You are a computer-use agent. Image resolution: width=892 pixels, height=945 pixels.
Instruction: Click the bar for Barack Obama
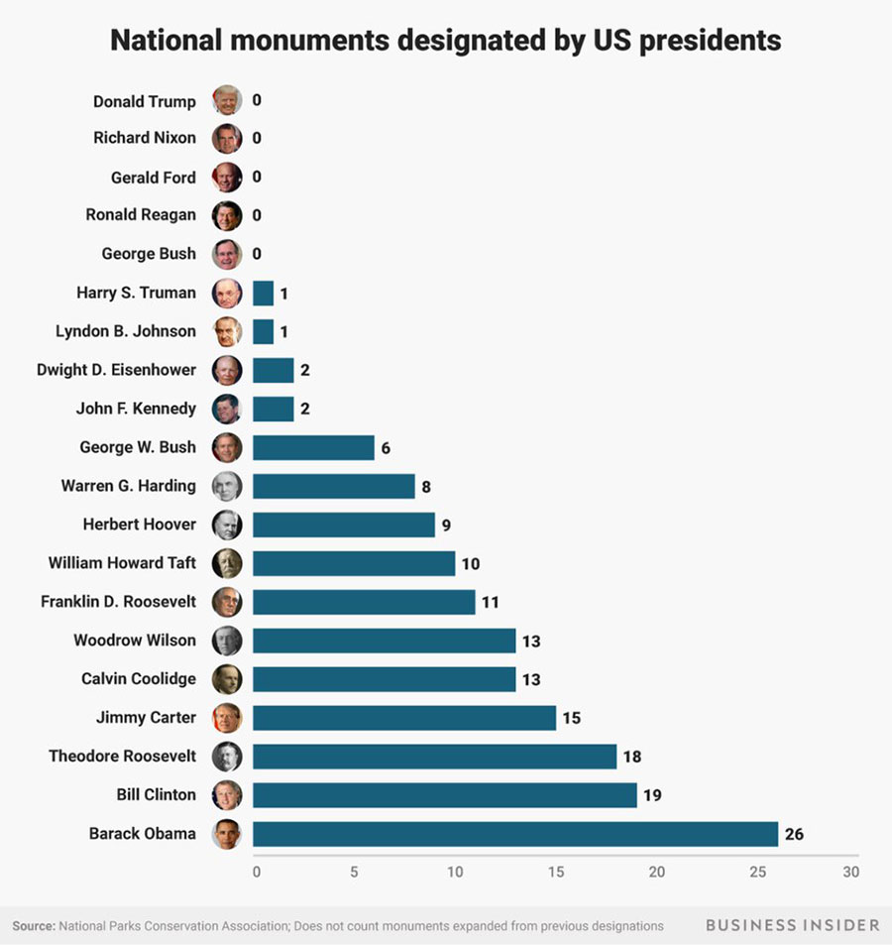(x=515, y=833)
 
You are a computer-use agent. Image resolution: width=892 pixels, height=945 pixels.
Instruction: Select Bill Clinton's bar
(x=444, y=794)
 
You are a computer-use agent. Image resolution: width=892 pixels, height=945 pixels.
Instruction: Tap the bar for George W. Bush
(x=313, y=447)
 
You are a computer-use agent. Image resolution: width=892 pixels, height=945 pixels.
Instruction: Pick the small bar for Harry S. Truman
(x=263, y=294)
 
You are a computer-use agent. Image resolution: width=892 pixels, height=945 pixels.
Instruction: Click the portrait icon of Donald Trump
(x=227, y=100)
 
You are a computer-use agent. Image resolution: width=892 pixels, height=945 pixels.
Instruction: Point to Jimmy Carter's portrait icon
(x=227, y=717)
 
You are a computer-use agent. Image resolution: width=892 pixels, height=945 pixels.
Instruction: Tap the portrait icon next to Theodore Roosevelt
(x=227, y=756)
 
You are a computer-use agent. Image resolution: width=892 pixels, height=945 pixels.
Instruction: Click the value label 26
(x=793, y=834)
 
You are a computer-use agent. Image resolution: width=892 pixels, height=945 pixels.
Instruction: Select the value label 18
(x=631, y=757)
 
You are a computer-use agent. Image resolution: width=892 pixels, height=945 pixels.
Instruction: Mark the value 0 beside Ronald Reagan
(x=257, y=215)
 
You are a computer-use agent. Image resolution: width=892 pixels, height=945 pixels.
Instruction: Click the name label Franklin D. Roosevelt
(x=118, y=601)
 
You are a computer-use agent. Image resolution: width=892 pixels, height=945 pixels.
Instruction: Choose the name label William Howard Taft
(x=122, y=562)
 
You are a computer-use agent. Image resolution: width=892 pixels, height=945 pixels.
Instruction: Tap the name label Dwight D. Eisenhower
(x=116, y=370)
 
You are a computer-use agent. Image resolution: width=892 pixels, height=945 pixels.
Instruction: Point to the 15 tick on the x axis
(x=556, y=872)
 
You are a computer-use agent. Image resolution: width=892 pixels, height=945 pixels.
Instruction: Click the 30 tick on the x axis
(x=850, y=872)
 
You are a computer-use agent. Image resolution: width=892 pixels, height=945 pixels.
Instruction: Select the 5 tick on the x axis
(x=354, y=872)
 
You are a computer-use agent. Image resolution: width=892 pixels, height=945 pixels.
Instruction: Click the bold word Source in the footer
(x=33, y=925)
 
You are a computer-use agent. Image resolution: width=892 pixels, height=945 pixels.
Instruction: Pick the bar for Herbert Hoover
(x=343, y=525)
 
